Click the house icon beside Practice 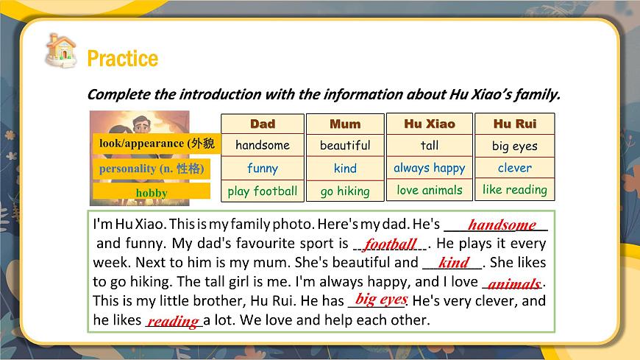point(60,50)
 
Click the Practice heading point(122,58)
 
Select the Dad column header point(263,124)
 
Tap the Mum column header point(345,124)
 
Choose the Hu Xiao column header point(429,124)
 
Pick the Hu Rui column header point(515,124)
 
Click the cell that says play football point(263,191)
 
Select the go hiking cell point(345,191)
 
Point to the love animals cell point(429,190)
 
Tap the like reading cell point(515,189)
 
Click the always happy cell point(429,168)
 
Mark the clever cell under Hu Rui point(515,168)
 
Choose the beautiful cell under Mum point(345,145)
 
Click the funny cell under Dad point(263,168)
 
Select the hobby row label point(152,193)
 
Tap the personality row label point(151,169)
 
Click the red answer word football point(391,244)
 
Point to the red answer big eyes point(381,299)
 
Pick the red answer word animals point(514,283)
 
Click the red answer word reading point(173,320)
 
